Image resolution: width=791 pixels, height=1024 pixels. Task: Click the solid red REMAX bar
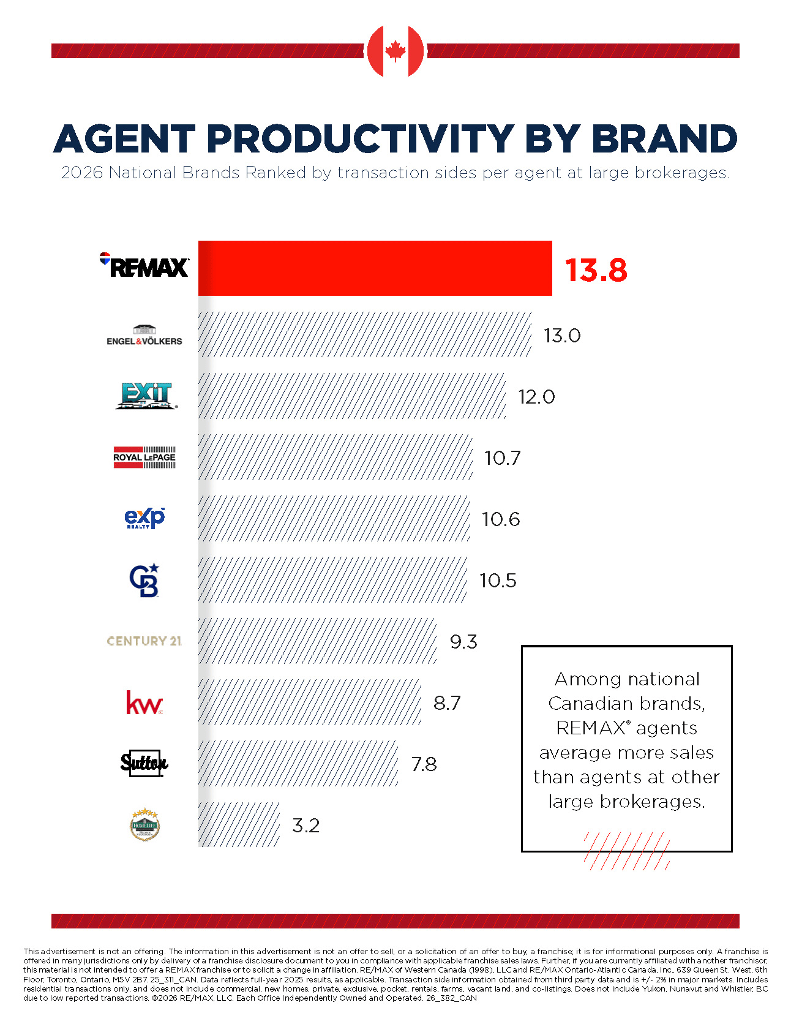pos(375,268)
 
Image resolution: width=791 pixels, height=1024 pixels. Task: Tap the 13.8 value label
pos(596,270)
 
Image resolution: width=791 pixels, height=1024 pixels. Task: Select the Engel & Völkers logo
pos(144,335)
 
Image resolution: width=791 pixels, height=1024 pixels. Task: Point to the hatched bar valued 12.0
pos(352,396)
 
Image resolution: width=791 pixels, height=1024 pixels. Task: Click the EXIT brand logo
pos(146,396)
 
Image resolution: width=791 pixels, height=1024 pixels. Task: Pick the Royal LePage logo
pos(144,457)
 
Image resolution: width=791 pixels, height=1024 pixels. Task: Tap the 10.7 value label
pos(502,458)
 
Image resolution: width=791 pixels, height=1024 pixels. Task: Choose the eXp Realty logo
pos(144,518)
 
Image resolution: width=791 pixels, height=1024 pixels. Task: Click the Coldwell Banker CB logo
pos(144,580)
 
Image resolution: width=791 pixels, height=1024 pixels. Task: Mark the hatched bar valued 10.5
pos(333,579)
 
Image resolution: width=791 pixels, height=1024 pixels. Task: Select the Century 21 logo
pos(144,641)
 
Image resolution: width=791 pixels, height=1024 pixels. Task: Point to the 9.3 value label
pos(463,642)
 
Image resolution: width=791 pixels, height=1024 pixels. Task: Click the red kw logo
pos(144,702)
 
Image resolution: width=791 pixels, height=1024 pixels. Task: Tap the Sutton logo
pos(144,763)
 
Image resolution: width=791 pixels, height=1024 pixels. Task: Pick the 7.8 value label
pos(424,764)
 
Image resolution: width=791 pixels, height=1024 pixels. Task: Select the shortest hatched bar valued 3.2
pos(239,824)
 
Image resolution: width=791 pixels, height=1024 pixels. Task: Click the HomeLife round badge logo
pos(144,824)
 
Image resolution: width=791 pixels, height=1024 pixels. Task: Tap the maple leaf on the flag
pos(395,51)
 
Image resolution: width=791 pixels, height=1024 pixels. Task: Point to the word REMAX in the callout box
pos(591,728)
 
